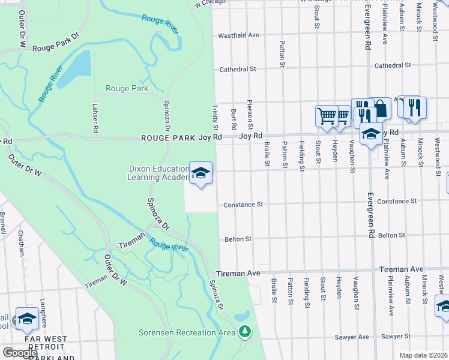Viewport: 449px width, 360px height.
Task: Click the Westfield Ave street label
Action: [238, 35]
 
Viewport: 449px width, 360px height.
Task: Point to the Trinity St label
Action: [215, 118]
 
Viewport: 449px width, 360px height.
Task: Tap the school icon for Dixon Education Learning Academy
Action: [201, 173]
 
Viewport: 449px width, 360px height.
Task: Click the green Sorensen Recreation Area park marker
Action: [244, 331]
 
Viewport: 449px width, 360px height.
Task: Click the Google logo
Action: [20, 352]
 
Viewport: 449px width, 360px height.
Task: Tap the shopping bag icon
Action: [380, 109]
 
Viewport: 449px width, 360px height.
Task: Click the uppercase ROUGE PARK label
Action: [169, 138]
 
